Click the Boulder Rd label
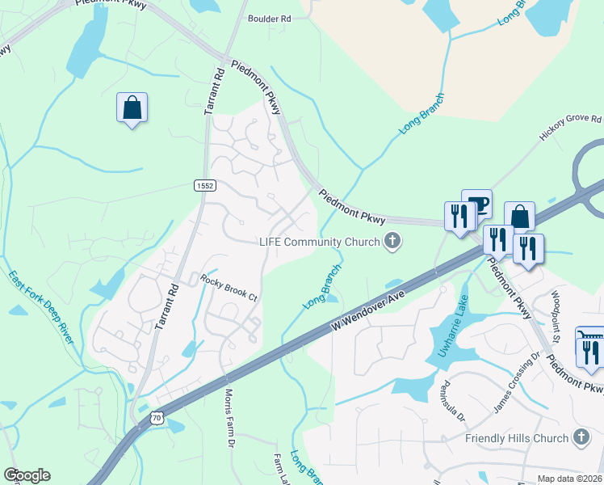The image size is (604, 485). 269,17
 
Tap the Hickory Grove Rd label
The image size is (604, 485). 570,129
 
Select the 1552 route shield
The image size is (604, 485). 205,186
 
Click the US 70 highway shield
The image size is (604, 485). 157,417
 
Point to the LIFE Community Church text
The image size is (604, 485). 319,241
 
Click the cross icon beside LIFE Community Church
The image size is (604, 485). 392,241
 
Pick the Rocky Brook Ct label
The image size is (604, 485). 229,287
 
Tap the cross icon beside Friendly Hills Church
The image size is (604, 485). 581,438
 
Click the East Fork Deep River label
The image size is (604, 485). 41,308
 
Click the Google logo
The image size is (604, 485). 27,474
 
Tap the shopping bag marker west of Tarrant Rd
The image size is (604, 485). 132,108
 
